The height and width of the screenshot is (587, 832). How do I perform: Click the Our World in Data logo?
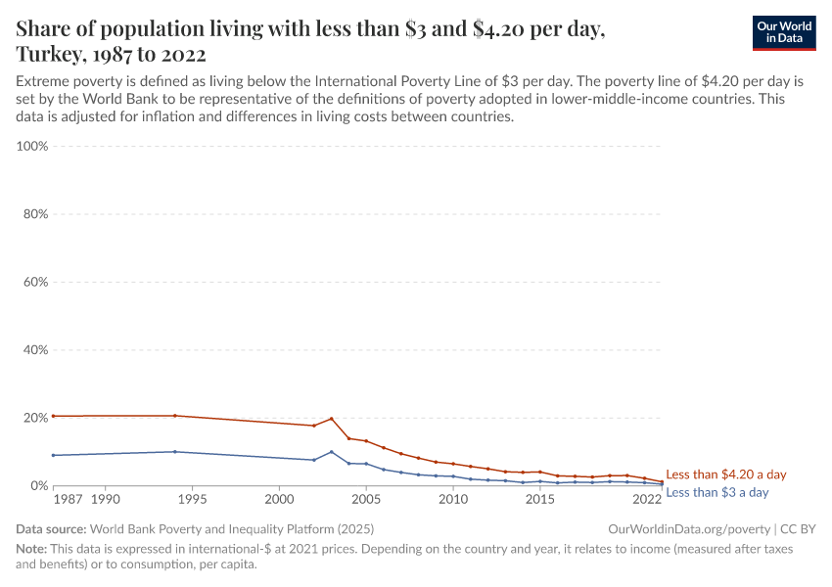[783, 32]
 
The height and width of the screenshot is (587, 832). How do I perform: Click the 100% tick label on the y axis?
[32, 146]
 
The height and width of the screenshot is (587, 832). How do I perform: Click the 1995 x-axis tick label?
[192, 500]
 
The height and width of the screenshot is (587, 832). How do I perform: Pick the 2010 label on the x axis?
[452, 500]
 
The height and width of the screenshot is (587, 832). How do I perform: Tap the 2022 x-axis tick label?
[646, 500]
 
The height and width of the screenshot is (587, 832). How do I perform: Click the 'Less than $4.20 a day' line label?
[725, 474]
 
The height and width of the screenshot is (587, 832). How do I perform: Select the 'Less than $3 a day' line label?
[716, 492]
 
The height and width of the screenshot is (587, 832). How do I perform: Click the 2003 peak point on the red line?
[332, 419]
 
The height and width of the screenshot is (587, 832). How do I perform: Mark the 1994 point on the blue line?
[175, 452]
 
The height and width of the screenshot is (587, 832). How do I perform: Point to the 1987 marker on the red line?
[54, 416]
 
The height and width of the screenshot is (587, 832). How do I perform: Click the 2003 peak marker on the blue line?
[332, 452]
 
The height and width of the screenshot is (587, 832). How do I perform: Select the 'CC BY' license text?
[798, 528]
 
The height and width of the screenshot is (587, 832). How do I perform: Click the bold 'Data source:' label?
[50, 528]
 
